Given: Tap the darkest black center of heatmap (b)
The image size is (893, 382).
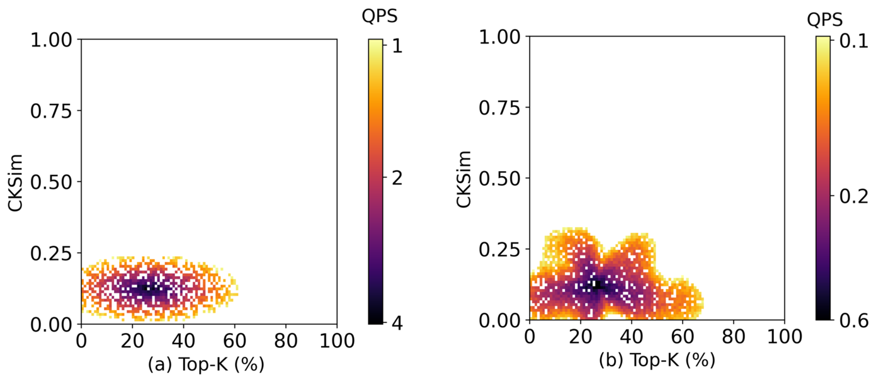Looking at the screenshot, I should click(596, 285).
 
